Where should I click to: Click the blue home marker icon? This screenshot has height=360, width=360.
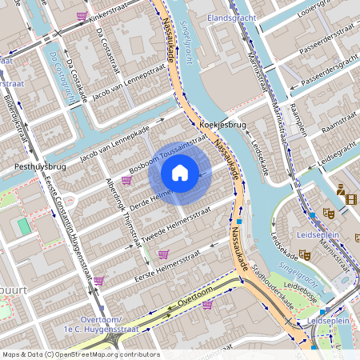click(x=180, y=172)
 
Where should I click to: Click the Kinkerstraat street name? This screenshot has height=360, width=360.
click(x=113, y=14)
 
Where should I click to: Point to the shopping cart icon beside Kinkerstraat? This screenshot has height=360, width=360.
click(x=82, y=15)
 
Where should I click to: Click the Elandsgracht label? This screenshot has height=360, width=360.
click(x=229, y=16)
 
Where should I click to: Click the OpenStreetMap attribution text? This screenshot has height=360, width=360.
click(x=80, y=354)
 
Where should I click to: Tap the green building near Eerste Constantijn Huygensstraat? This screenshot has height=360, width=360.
click(x=24, y=226)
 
